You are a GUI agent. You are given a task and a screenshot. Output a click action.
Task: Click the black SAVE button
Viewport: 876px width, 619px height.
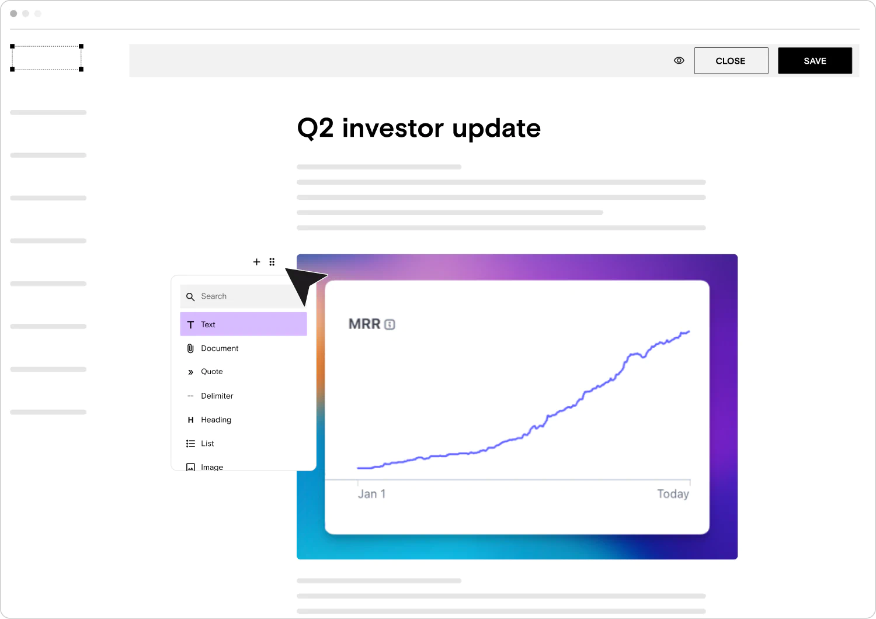click(x=815, y=61)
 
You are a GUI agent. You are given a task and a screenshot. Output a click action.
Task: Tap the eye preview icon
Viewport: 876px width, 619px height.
click(x=679, y=61)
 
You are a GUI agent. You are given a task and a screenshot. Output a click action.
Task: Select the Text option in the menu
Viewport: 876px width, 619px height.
click(x=244, y=324)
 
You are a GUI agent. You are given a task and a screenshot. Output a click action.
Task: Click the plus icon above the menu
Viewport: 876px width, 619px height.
click(x=256, y=262)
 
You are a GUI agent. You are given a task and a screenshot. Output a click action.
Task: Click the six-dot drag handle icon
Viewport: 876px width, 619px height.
click(x=272, y=262)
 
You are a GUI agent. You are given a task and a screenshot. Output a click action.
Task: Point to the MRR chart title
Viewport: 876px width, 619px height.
click(x=364, y=324)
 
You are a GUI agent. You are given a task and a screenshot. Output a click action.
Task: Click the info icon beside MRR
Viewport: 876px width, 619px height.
click(x=390, y=324)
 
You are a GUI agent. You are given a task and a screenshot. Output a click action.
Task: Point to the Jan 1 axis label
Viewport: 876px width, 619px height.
click(x=372, y=494)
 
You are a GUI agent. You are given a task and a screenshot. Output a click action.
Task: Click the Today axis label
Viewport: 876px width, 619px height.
click(x=673, y=494)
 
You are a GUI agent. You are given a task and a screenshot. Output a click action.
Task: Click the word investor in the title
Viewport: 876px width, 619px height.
click(x=392, y=128)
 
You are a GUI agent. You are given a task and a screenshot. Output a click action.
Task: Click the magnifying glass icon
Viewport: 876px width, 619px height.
click(x=190, y=297)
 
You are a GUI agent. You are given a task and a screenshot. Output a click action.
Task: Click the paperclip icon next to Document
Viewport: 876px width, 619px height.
click(x=190, y=348)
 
